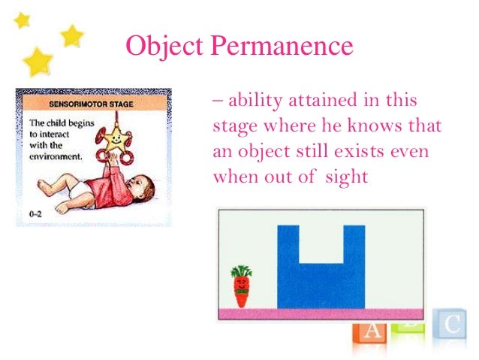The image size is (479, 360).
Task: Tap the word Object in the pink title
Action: tap(163, 47)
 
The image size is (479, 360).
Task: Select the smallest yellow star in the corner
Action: tap(22, 20)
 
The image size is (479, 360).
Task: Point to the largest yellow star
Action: tap(38, 61)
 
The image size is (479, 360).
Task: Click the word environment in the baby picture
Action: tap(53, 156)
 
